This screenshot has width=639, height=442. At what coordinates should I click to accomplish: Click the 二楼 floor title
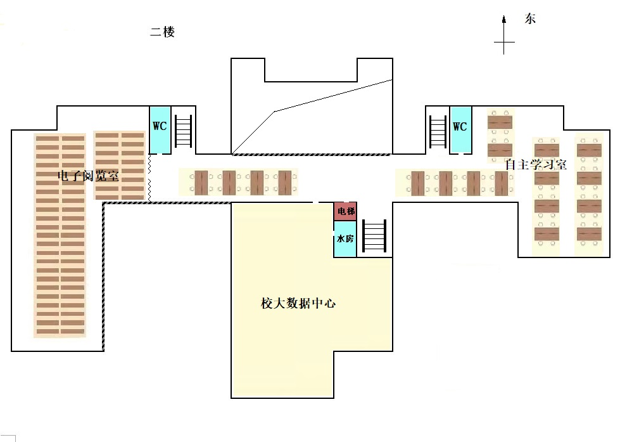click(162, 32)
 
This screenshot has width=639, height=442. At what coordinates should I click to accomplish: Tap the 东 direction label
click(530, 19)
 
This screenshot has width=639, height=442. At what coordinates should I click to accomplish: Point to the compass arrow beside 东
click(504, 35)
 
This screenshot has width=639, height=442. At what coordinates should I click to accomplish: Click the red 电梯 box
click(345, 211)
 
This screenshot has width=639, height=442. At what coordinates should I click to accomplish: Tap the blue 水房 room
click(345, 238)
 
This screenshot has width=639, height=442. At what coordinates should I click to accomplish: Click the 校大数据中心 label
click(298, 303)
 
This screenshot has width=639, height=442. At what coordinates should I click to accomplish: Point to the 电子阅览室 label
click(89, 176)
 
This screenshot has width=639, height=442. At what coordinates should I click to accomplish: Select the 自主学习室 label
click(536, 164)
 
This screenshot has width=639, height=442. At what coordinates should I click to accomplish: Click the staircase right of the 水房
click(374, 235)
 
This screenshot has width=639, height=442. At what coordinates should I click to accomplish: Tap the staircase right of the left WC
click(184, 131)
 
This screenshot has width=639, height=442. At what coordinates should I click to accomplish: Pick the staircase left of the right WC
click(438, 131)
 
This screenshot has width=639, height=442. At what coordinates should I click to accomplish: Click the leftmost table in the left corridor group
click(201, 183)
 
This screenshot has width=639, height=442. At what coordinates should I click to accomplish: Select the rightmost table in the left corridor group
click(285, 183)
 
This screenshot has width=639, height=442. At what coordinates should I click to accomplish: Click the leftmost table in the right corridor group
click(418, 183)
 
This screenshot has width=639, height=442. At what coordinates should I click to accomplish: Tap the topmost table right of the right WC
click(500, 122)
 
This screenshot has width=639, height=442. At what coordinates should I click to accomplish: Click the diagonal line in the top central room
click(312, 116)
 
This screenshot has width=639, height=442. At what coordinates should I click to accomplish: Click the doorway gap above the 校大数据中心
click(316, 202)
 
